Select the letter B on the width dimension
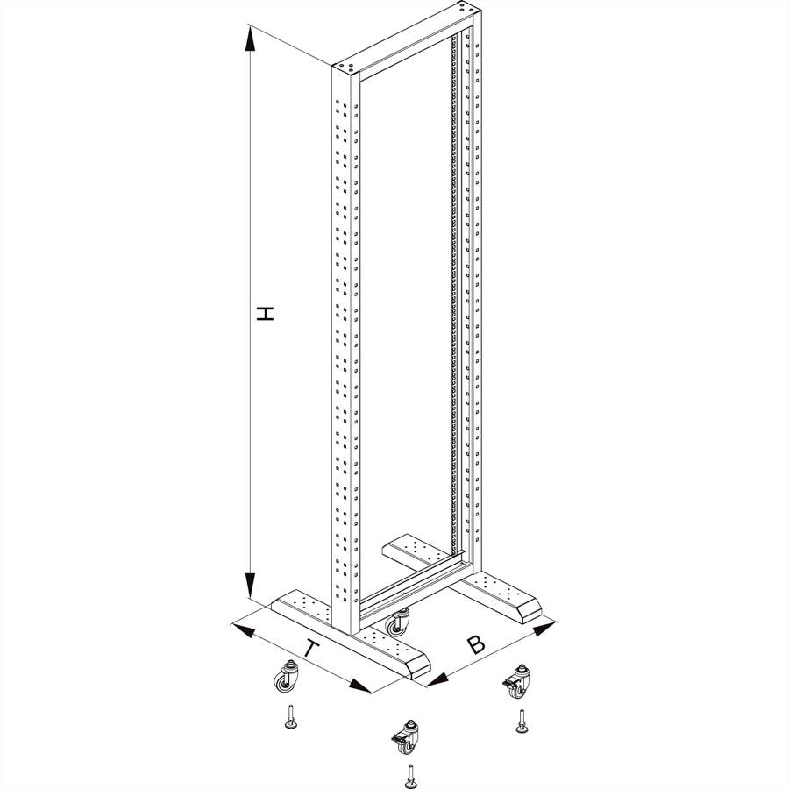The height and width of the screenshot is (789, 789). click(475, 645)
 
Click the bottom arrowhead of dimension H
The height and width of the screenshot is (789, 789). click(251, 586)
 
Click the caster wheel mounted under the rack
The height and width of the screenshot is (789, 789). click(399, 622)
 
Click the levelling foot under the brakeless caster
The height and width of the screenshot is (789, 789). click(288, 717)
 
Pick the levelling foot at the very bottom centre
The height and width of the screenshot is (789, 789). click(409, 775)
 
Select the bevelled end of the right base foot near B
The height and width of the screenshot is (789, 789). click(532, 608)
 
